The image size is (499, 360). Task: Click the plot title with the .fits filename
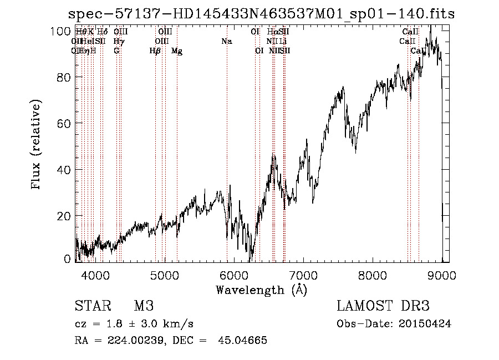click(261, 14)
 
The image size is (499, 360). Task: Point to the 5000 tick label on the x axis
click(164, 274)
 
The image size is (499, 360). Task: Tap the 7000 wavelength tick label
click(303, 274)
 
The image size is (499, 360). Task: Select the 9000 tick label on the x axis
click(442, 274)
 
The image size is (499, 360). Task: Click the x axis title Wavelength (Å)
click(261, 289)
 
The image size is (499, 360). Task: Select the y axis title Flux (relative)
click(37, 145)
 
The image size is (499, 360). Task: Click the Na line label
click(226, 42)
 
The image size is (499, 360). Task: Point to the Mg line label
click(177, 51)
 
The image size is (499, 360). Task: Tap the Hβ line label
click(155, 51)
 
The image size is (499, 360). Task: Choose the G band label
click(116, 51)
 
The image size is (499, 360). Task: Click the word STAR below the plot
click(91, 306)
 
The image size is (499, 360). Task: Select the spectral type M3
click(144, 306)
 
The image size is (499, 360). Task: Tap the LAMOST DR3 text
click(383, 306)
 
